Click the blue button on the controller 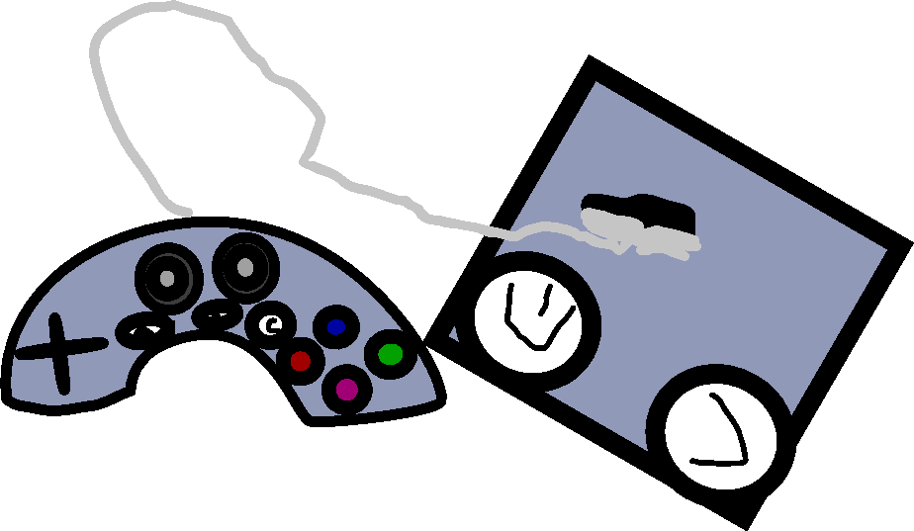click(335, 326)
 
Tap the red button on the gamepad click(300, 361)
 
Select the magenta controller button click(346, 390)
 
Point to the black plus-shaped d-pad click(60, 351)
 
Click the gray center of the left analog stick click(167, 279)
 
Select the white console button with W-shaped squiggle click(535, 317)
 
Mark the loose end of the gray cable click(187, 212)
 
